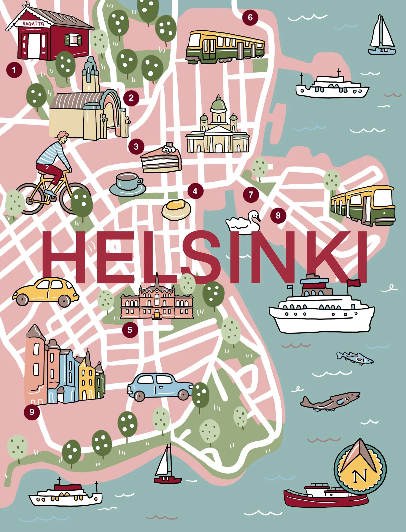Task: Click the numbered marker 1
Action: [x=14, y=70]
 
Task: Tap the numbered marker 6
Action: [x=250, y=18]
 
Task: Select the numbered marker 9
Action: [x=32, y=412]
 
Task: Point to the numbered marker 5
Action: [x=130, y=330]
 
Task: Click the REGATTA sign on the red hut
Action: [x=33, y=24]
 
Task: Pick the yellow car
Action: [x=45, y=292]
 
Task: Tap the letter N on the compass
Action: [x=360, y=476]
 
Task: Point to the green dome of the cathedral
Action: [x=218, y=104]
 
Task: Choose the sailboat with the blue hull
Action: [x=382, y=37]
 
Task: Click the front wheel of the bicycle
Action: [x=73, y=197]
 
